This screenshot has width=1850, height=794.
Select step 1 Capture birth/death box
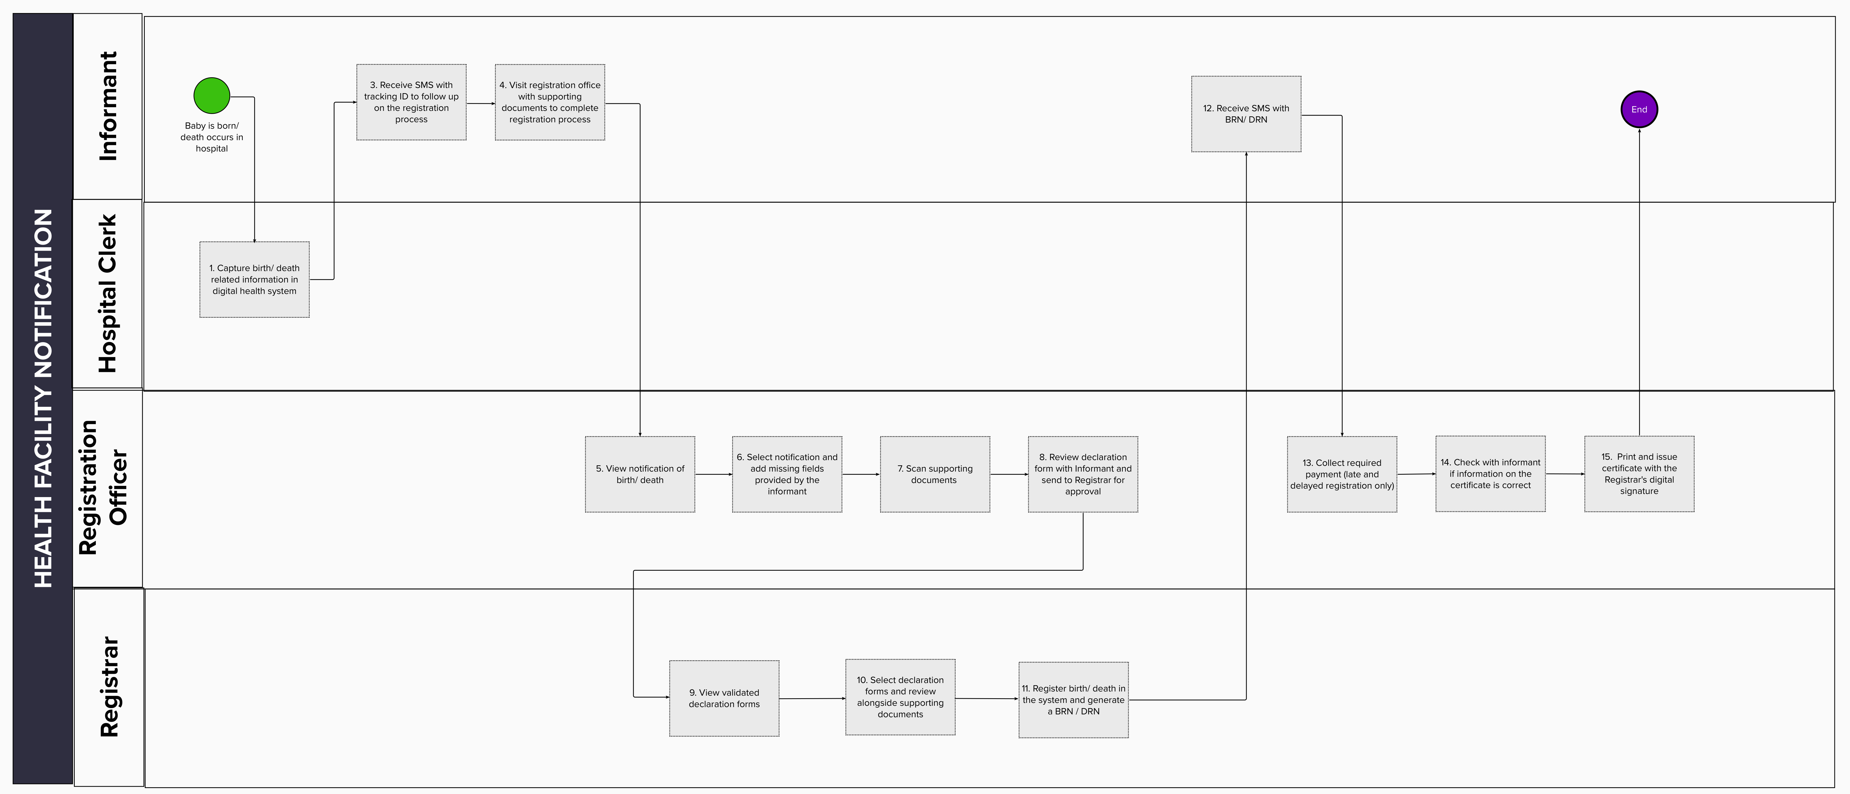click(x=254, y=279)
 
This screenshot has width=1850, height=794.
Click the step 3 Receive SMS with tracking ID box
click(x=411, y=102)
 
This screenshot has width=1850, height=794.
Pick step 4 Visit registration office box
click(x=550, y=102)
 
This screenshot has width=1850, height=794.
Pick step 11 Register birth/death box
click(x=1074, y=700)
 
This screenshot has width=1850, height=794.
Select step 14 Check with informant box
click(x=1491, y=474)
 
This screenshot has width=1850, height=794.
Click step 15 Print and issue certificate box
click(x=1640, y=474)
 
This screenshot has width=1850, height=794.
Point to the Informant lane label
click(x=108, y=106)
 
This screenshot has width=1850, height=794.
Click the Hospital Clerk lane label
click(x=108, y=294)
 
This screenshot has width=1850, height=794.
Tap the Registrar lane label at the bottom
click(x=109, y=687)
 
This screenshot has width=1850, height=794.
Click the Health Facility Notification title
click(x=43, y=398)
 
